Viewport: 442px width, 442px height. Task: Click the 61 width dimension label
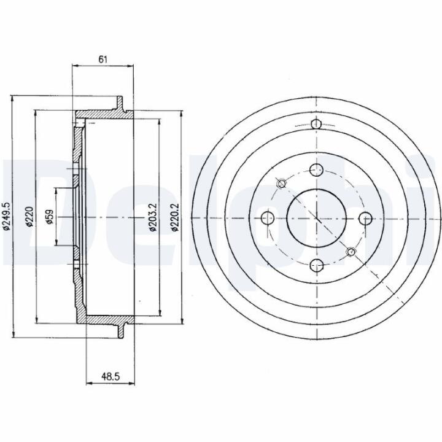tap(103, 60)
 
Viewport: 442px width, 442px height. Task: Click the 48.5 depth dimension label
tap(110, 376)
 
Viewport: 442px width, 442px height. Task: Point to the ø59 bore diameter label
tap(50, 217)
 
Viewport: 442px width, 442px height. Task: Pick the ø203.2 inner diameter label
tap(153, 217)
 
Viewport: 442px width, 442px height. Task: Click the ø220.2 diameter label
tap(175, 217)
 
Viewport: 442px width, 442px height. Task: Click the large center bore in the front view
tap(316, 217)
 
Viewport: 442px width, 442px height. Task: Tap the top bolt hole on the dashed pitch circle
tap(316, 169)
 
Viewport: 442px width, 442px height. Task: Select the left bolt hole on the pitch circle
tap(268, 217)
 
